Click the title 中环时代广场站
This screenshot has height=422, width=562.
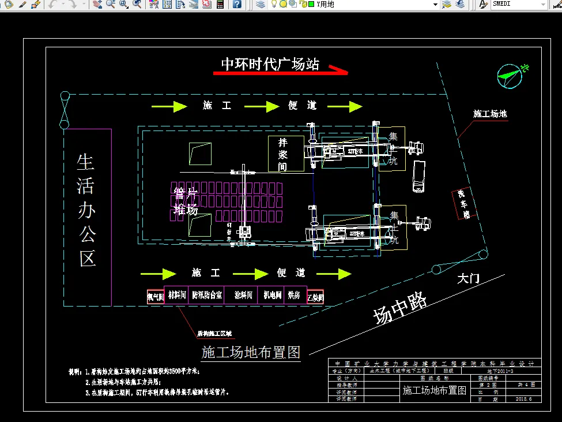tap(270, 64)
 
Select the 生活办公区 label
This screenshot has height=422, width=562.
tap(86, 210)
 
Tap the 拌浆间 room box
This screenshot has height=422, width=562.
tap(285, 154)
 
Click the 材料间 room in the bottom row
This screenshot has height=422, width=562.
tap(176, 296)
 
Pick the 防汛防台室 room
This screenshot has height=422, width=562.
tap(208, 296)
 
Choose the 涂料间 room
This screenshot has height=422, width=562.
tap(244, 296)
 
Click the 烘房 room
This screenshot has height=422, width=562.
tap(294, 296)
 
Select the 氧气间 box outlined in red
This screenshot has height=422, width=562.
tap(156, 297)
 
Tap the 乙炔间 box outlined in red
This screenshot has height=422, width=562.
tap(315, 297)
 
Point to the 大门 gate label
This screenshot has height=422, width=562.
tap(468, 279)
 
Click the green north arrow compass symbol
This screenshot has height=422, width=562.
tap(510, 75)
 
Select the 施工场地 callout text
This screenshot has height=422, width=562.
tap(490, 114)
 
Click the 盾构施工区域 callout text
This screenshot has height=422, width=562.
tap(214, 333)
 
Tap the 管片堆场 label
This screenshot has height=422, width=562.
tap(186, 200)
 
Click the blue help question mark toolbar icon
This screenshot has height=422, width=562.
tap(237, 5)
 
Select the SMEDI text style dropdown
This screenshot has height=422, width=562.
tap(517, 5)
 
